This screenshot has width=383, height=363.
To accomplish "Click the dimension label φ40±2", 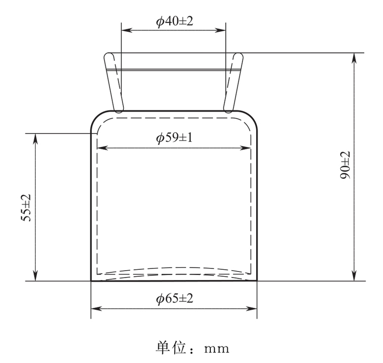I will (x=174, y=21).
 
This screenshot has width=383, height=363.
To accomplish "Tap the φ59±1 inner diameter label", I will (x=174, y=138).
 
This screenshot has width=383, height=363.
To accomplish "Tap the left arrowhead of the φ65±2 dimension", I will (x=94, y=309).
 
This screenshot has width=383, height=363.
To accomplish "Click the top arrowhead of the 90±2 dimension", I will (x=354, y=57).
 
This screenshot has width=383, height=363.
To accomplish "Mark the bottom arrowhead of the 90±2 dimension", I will (x=354, y=277).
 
